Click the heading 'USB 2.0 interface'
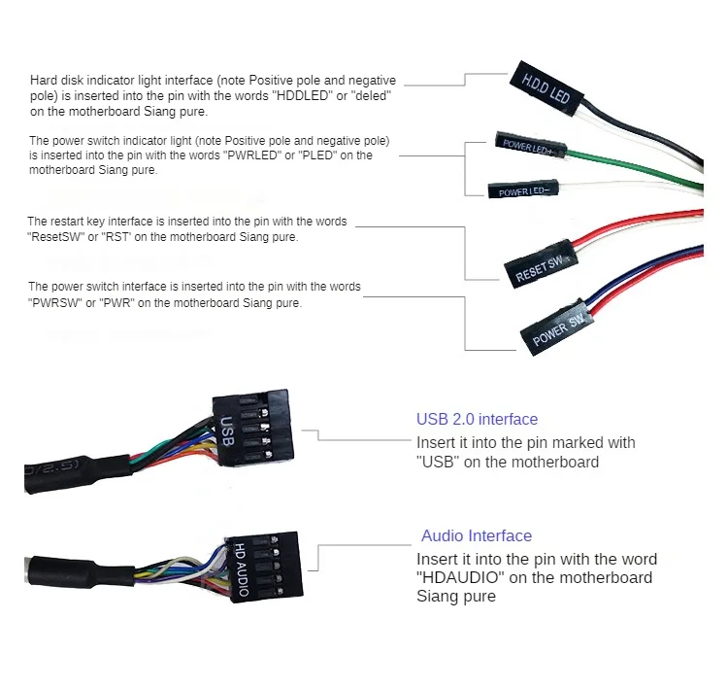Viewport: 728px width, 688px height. [x=477, y=420]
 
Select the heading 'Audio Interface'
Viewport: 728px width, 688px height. [x=477, y=535]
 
